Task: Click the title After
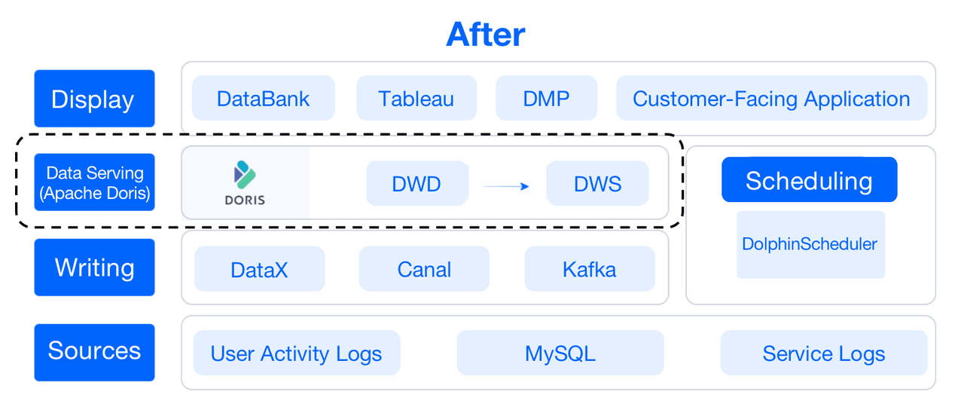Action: pyautogui.click(x=485, y=35)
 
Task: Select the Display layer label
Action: pyautogui.click(x=94, y=99)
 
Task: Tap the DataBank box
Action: pyautogui.click(x=263, y=98)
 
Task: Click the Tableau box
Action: pyautogui.click(x=416, y=98)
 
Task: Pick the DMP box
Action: pyautogui.click(x=546, y=98)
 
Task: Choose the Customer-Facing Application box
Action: pyautogui.click(x=771, y=98)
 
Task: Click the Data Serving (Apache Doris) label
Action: pyautogui.click(x=94, y=182)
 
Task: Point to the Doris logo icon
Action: pyautogui.click(x=245, y=175)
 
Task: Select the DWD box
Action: pyautogui.click(x=416, y=183)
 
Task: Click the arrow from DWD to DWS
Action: pyautogui.click(x=506, y=186)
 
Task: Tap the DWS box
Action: pyautogui.click(x=597, y=183)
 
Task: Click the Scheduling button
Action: pyautogui.click(x=809, y=180)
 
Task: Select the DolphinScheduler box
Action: pyautogui.click(x=810, y=244)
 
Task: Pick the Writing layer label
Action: pyautogui.click(x=94, y=268)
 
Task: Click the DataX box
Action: pyautogui.click(x=259, y=269)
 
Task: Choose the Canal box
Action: pyautogui.click(x=424, y=269)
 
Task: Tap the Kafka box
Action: pyautogui.click(x=589, y=269)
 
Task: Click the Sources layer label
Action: pyautogui.click(x=94, y=351)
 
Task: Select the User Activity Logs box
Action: pyautogui.click(x=296, y=353)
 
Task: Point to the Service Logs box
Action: pyautogui.click(x=823, y=353)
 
